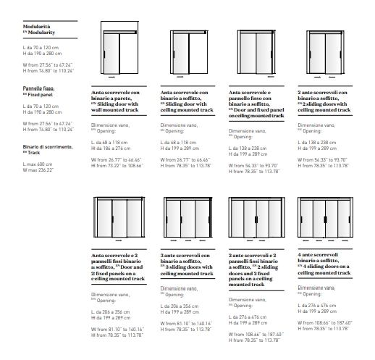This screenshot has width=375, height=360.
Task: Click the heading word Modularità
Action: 36,27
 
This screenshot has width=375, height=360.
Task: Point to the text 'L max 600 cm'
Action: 38,164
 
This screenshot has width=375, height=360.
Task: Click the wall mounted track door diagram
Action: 119,49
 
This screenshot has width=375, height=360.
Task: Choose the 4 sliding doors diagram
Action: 325,219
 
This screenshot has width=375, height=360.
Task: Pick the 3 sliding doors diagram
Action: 188,219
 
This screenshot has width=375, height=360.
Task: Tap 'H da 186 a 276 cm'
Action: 111,148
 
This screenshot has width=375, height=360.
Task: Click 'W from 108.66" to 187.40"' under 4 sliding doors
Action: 325,323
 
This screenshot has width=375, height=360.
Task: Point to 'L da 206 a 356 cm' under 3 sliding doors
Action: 180,306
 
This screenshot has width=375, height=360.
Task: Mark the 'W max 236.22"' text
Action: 38,170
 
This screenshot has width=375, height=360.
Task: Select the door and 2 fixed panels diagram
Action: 119,219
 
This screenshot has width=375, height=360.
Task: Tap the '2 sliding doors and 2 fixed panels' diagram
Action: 257,219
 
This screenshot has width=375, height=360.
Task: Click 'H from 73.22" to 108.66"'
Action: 117,166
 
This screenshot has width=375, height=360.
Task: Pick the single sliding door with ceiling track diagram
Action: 189,54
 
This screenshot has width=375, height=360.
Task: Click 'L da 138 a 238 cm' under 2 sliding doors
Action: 317,143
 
